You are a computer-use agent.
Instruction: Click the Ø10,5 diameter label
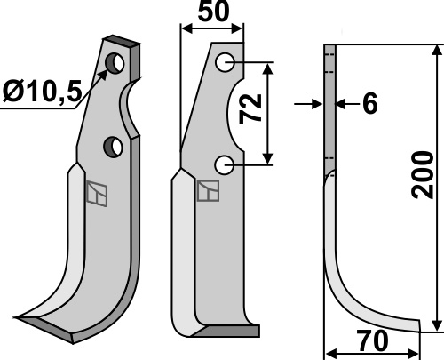[x=42, y=92]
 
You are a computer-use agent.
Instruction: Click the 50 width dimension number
[x=213, y=12]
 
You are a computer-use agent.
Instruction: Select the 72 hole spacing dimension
[x=250, y=108]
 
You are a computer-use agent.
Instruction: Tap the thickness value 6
[x=370, y=104]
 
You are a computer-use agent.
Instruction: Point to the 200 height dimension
[x=423, y=175]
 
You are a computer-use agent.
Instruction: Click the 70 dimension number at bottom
[x=372, y=340]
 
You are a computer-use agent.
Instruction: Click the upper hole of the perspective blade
[x=115, y=63]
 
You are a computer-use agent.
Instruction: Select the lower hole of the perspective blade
[x=113, y=147]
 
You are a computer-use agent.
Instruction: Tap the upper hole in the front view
[x=225, y=62]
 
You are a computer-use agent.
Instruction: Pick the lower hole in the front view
[x=225, y=165]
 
